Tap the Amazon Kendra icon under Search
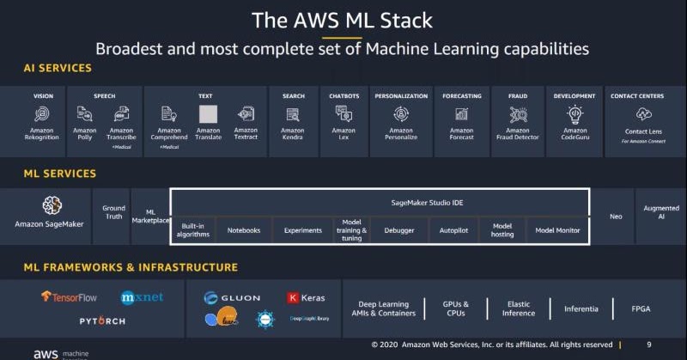click(293, 113)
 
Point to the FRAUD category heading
click(518, 96)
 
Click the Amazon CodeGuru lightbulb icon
click(575, 113)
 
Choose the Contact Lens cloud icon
click(643, 113)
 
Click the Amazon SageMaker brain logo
click(52, 205)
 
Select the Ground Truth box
click(113, 212)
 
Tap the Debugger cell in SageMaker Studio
click(398, 230)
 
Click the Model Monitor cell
click(557, 230)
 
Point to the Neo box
click(615, 217)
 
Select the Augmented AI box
click(661, 212)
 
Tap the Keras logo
click(306, 298)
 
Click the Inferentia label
click(581, 308)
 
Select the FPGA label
click(641, 308)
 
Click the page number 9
click(648, 345)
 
